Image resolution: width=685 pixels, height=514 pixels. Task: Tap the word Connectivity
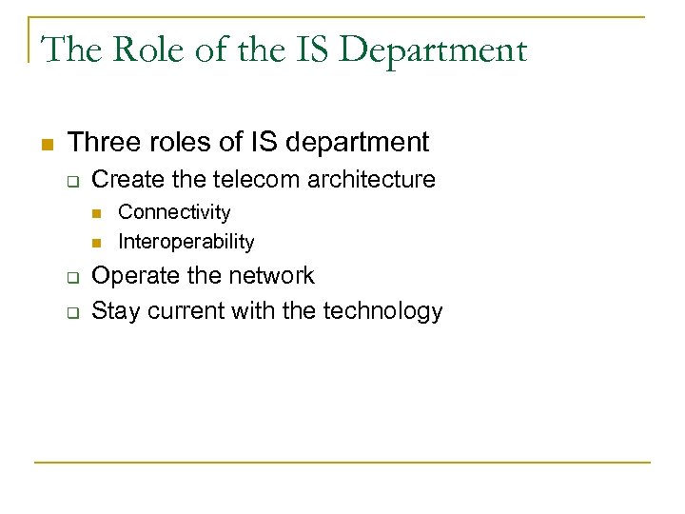click(x=174, y=212)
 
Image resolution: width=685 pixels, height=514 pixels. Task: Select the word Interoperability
click(x=186, y=242)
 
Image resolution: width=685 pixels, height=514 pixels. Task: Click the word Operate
click(x=132, y=276)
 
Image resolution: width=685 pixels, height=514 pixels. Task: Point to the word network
click(x=268, y=276)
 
